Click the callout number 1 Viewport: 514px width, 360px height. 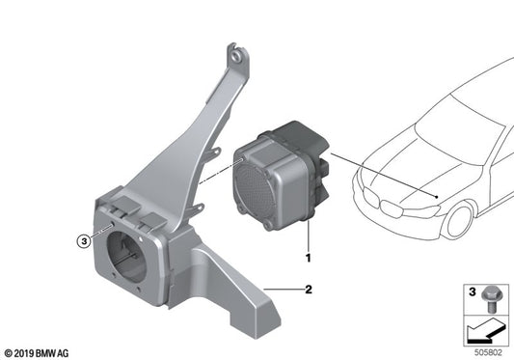tap(308, 259)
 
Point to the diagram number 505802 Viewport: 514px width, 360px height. tap(491, 352)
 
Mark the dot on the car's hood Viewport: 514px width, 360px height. tap(439, 197)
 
